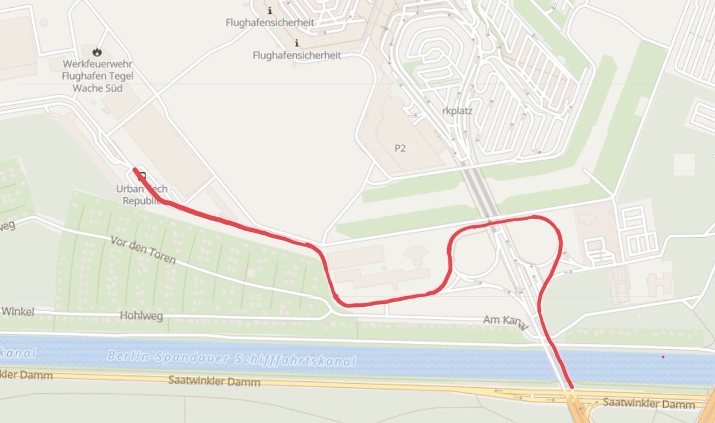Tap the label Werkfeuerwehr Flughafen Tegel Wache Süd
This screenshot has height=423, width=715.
point(98,76)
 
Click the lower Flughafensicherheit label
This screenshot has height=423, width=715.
point(297,55)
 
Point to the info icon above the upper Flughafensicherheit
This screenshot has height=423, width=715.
point(271,11)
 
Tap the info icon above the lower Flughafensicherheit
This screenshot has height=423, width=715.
point(297,43)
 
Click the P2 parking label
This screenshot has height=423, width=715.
point(400,148)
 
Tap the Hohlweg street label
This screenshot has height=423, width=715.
point(141,316)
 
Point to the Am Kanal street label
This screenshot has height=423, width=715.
point(505,322)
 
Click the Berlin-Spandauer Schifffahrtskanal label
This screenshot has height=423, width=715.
point(232,359)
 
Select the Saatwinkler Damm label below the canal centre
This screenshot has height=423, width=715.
point(214,381)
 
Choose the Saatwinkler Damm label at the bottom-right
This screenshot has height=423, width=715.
point(648,405)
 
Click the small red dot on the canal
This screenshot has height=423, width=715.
point(663,357)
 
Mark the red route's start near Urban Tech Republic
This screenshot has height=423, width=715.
point(135,170)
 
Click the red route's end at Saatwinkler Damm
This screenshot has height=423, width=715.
point(571,387)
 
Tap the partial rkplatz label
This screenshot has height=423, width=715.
point(456,111)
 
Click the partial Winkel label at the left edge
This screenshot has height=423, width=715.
point(18,312)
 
